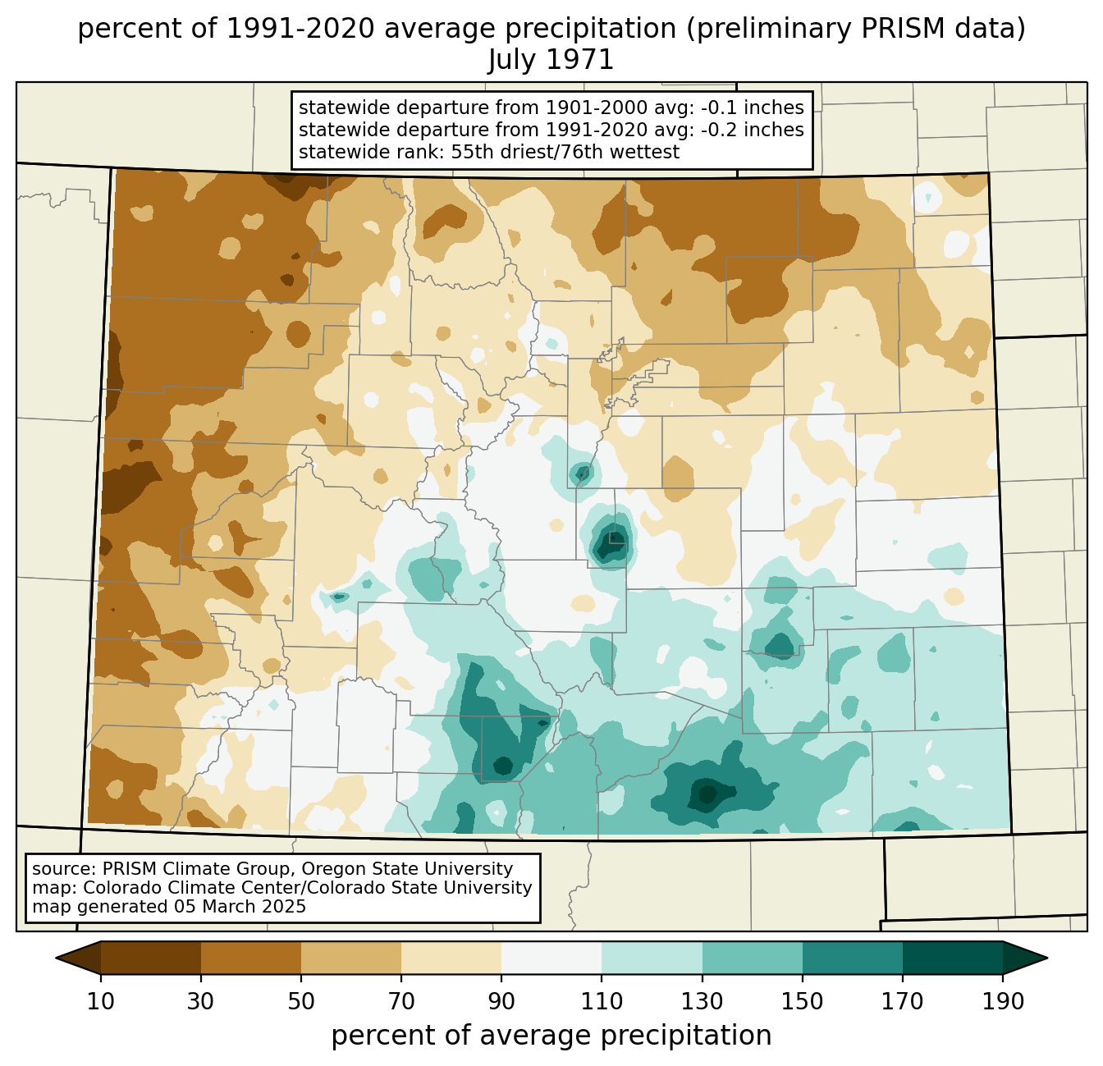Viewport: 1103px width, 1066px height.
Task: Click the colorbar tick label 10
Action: coord(100,1001)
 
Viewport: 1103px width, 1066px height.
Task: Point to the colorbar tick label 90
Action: coord(501,1001)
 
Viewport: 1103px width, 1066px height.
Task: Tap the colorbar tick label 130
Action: coord(702,1001)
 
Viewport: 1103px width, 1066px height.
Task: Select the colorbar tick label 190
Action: coord(1003,1001)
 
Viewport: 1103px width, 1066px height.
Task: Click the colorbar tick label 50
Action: coord(301,1001)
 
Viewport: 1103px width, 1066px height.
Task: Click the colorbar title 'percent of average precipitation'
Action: coord(551,1036)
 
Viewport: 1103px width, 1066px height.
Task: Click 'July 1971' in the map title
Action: coord(551,59)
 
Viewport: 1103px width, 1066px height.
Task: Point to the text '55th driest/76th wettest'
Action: coord(565,152)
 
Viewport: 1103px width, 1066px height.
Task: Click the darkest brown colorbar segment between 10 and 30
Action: coord(151,958)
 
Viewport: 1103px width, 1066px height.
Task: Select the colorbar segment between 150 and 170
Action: coord(853,958)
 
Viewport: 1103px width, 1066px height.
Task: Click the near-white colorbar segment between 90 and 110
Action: coord(551,958)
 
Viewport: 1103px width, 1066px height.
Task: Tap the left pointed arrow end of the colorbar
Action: coord(78,958)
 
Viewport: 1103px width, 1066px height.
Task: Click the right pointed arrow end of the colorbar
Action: coord(1025,958)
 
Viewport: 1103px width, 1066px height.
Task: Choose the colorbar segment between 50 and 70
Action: coord(351,958)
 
